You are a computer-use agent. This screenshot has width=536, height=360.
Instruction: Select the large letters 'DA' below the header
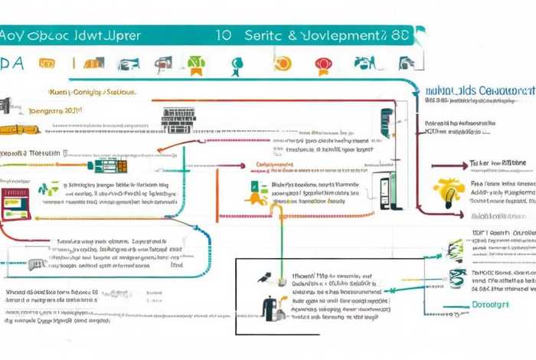(x=12, y=64)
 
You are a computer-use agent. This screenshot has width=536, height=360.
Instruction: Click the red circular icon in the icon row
(x=322, y=63)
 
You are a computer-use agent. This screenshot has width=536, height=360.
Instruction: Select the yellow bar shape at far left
(x=19, y=129)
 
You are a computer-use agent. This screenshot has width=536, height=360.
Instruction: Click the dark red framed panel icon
(x=13, y=203)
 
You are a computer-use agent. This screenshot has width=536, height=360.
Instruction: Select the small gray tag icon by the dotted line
(x=34, y=263)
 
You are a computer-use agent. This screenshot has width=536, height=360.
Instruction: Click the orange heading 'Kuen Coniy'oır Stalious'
(x=92, y=91)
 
